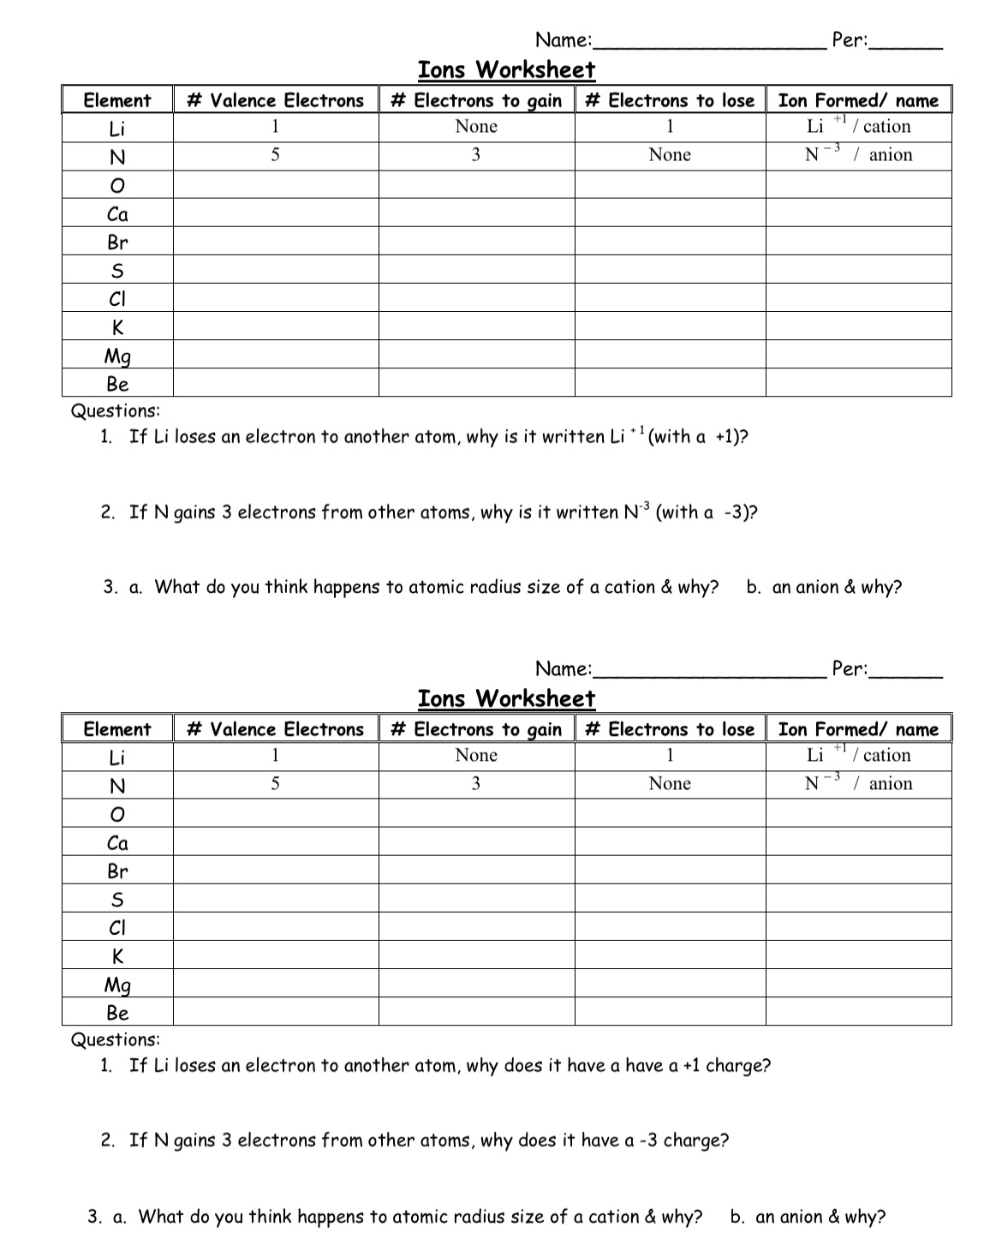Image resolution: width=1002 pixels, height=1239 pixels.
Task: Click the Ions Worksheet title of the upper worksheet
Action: coord(506,69)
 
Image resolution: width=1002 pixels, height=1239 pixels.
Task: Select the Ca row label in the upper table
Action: coord(117,214)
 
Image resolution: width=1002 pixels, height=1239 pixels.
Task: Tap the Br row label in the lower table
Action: coord(117,871)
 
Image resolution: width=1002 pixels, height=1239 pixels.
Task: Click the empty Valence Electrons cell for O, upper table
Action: coord(276,185)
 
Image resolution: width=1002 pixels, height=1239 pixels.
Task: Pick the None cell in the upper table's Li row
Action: coord(476,127)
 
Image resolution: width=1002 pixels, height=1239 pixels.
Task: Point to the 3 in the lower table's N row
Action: coord(476,783)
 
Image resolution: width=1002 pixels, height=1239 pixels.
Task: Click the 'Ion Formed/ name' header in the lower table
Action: coord(858,729)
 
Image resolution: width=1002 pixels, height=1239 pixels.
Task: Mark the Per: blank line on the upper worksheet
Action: coord(906,43)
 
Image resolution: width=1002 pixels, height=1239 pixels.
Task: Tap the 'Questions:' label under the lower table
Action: coord(116,1039)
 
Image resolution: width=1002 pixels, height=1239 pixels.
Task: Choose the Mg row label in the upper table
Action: coord(117,356)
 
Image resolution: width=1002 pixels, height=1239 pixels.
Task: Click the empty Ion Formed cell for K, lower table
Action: coord(858,955)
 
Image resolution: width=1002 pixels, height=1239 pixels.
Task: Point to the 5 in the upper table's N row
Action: coord(275,155)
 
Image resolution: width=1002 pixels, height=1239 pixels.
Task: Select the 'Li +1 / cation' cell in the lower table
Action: coord(858,755)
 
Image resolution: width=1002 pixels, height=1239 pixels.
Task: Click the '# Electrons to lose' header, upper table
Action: coord(670,100)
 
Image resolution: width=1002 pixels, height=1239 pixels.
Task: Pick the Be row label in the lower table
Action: coord(117,1013)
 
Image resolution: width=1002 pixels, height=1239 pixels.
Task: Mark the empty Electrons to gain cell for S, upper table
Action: coord(476,270)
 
